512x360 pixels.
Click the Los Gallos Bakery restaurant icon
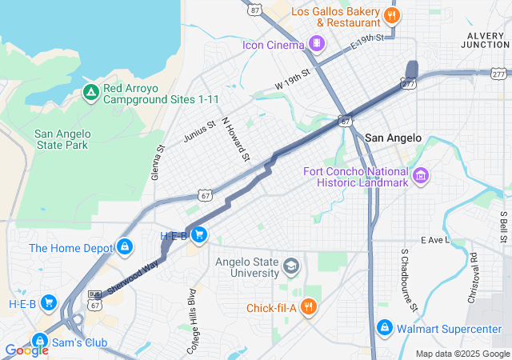pyautogui.click(x=391, y=15)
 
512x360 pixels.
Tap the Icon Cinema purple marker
pyautogui.click(x=318, y=43)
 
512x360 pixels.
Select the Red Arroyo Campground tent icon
pyautogui.click(x=91, y=94)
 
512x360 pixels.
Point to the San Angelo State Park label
pyautogui.click(x=62, y=139)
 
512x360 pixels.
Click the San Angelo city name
pyautogui.click(x=393, y=138)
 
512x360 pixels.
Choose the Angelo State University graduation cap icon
pyautogui.click(x=292, y=265)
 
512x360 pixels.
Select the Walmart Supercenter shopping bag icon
pyautogui.click(x=385, y=328)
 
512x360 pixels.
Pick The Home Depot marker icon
pyautogui.click(x=125, y=248)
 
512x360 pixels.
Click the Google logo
pyautogui.click(x=26, y=350)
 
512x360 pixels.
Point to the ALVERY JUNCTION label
pyautogui.click(x=485, y=39)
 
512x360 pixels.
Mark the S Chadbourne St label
pyautogui.click(x=409, y=280)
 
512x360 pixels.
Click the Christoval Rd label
pyautogui.click(x=473, y=278)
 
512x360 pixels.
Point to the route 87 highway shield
pyautogui.click(x=254, y=9)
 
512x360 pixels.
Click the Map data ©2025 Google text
pyautogui.click(x=462, y=354)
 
